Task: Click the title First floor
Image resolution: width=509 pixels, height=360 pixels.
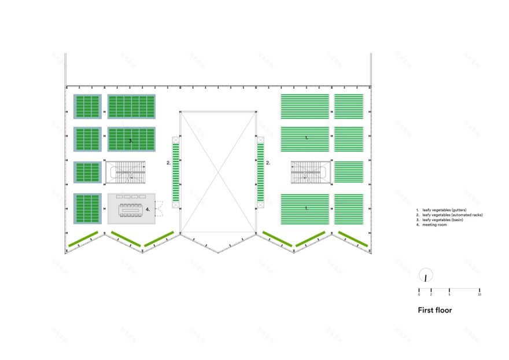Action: coord(434,310)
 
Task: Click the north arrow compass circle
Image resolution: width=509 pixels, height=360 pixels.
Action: coord(426,276)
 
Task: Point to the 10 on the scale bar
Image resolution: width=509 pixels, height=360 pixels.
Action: coord(479,295)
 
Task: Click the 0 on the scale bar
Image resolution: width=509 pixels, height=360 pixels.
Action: coord(419,295)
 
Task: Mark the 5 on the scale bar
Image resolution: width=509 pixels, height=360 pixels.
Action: coord(449,295)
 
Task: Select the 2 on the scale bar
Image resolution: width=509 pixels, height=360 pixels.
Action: coord(431,295)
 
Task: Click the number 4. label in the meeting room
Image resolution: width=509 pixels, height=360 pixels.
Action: coord(148,209)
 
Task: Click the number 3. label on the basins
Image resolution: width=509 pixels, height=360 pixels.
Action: coord(131,140)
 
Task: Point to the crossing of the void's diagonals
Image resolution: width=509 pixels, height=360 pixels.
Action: coord(218,171)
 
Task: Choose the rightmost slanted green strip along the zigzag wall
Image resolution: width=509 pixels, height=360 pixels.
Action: coord(353,240)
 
